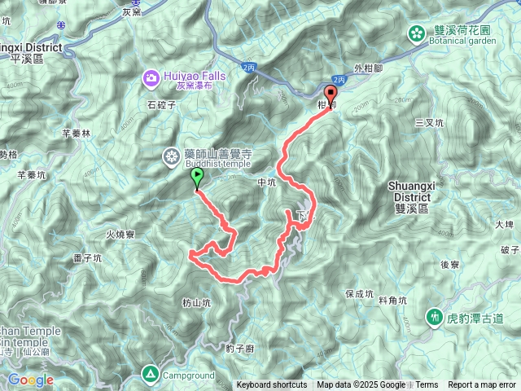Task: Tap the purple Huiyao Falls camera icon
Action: pyautogui.click(x=151, y=78)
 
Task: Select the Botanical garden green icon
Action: pyautogui.click(x=417, y=33)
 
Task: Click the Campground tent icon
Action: pyautogui.click(x=150, y=375)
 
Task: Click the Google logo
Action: pyautogui.click(x=30, y=380)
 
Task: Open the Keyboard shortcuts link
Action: pyautogui.click(x=272, y=385)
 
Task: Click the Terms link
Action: pyautogui.click(x=426, y=385)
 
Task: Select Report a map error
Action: pyautogui.click(x=482, y=385)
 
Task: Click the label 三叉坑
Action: pyautogui.click(x=428, y=122)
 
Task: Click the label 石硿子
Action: pyautogui.click(x=162, y=105)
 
